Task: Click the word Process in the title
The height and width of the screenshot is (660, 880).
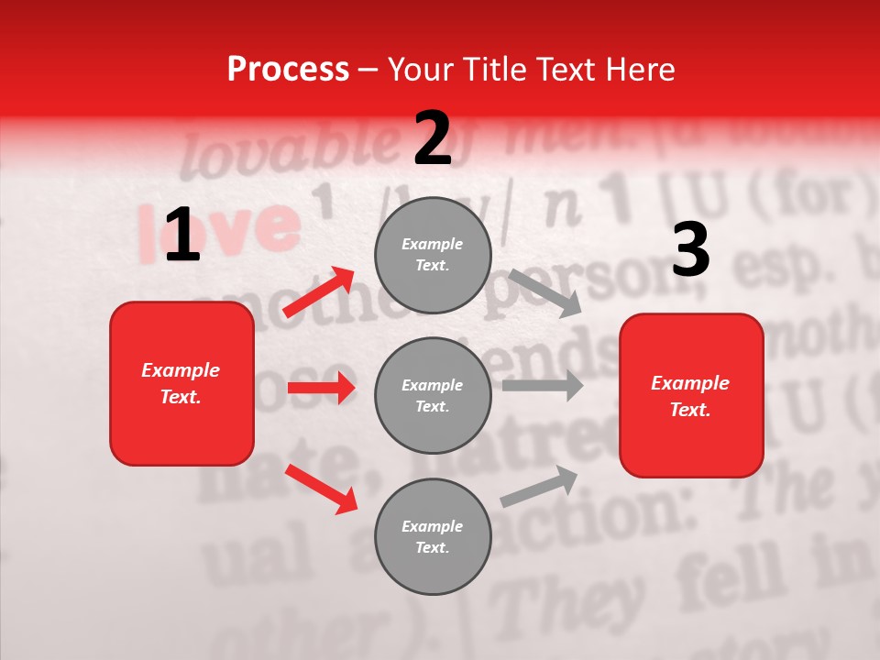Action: pyautogui.click(x=288, y=70)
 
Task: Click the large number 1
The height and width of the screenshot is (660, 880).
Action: pyautogui.click(x=181, y=236)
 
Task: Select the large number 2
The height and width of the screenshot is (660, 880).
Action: pyautogui.click(x=433, y=138)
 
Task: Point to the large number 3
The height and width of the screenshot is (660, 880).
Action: pyautogui.click(x=690, y=249)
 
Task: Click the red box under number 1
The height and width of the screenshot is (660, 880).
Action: pyautogui.click(x=181, y=383)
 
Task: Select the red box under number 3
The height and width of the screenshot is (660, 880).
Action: pyautogui.click(x=691, y=395)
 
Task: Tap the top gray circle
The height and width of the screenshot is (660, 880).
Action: pyautogui.click(x=433, y=255)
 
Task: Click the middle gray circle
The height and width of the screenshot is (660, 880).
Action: pyautogui.click(x=433, y=395)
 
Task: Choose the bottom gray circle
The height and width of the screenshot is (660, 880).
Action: pyautogui.click(x=433, y=536)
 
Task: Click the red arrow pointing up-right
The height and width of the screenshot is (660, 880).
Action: pyautogui.click(x=319, y=291)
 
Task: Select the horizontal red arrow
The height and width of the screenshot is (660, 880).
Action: pyautogui.click(x=321, y=388)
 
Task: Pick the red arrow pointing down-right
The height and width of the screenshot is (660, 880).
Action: pyautogui.click(x=321, y=489)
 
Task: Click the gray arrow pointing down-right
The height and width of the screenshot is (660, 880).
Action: pyautogui.click(x=544, y=293)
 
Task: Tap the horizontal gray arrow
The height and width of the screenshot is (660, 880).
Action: pyautogui.click(x=542, y=385)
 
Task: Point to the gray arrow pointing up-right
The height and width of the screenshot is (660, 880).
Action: pyautogui.click(x=539, y=486)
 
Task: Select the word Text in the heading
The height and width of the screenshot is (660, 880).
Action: pyautogui.click(x=569, y=70)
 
